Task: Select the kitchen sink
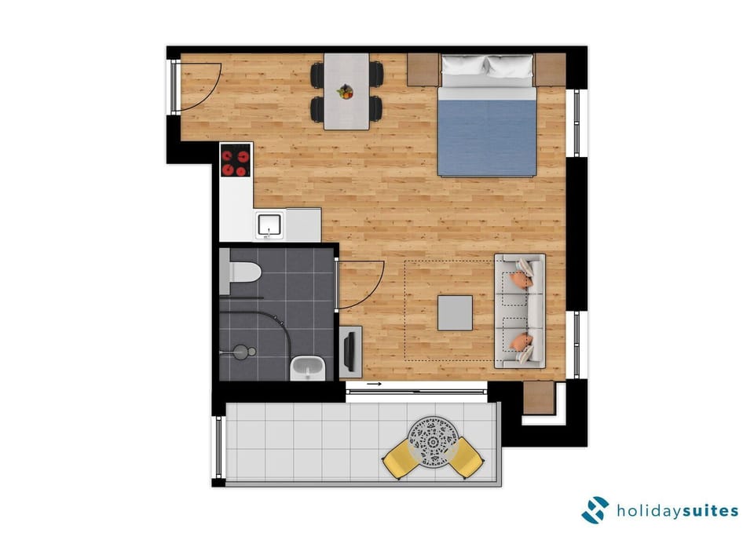269,225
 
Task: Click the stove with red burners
235,162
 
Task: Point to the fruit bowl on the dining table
345,92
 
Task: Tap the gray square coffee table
455,312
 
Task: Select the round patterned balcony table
432,440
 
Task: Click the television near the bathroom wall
349,350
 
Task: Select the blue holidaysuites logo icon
595,509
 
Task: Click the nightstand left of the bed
423,68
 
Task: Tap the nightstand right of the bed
550,68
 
